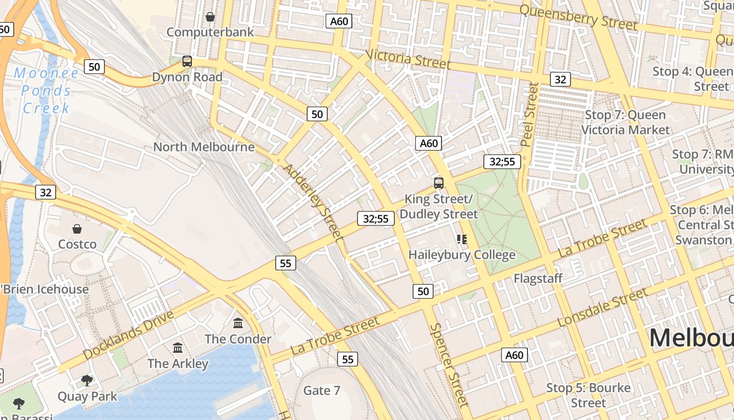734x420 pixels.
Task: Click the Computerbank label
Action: (x=210, y=32)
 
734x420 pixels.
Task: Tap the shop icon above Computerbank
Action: (x=210, y=17)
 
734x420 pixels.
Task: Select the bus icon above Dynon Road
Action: (x=187, y=61)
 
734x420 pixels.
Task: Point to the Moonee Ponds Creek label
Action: (x=46, y=91)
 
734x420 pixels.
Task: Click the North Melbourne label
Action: (x=203, y=147)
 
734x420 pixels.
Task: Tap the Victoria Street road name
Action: (x=408, y=59)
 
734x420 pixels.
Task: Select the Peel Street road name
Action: (x=530, y=114)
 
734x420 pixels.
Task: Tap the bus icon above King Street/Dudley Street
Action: (x=439, y=183)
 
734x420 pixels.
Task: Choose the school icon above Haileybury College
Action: (x=462, y=239)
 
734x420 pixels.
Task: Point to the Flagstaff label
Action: (x=537, y=278)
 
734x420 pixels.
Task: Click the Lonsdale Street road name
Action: (x=602, y=308)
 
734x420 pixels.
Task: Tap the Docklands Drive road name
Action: (x=128, y=335)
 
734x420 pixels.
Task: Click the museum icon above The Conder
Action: (x=238, y=323)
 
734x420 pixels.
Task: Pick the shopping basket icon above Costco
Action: (x=77, y=229)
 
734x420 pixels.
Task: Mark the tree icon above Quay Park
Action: (x=87, y=380)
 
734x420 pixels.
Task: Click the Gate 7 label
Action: (x=322, y=391)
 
